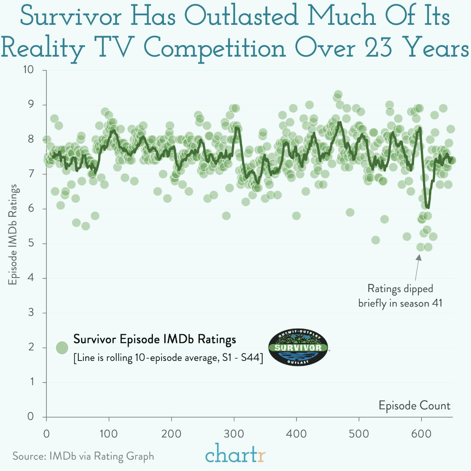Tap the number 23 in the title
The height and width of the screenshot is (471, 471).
coord(378,48)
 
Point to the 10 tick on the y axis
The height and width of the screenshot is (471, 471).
coord(28,70)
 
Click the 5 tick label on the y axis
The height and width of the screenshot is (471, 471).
coord(31,243)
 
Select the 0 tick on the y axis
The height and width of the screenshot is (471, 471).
coord(31,417)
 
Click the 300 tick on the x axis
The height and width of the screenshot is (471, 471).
coord(234,434)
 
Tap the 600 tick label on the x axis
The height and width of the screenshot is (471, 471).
coord(421,434)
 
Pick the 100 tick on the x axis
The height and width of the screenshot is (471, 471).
coord(109,434)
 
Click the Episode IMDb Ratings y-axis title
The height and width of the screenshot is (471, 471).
coord(13,234)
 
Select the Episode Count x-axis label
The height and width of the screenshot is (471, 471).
coord(414,405)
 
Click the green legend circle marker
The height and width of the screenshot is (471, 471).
coord(62,348)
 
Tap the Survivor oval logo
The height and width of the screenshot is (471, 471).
coord(298,348)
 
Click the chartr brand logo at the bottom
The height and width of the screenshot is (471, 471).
coord(235,454)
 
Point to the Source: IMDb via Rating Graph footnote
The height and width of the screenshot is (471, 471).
coord(83,456)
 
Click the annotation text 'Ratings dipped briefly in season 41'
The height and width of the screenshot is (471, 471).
coord(400,296)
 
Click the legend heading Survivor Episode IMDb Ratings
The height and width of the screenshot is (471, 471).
coord(155,339)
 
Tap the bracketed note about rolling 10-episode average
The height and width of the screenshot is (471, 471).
coord(168,358)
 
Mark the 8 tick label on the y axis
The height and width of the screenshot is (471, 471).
coord(31,140)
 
